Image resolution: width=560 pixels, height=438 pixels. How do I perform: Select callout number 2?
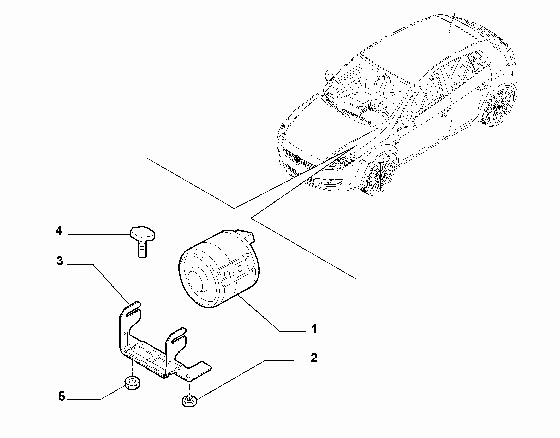coord(314,358)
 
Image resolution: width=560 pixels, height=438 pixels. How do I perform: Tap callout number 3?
coord(60,261)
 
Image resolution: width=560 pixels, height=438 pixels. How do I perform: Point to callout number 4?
coord(59,230)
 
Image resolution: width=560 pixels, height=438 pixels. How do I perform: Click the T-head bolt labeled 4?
coord(142,242)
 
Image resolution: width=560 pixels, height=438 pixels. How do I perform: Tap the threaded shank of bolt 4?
coord(142,250)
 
